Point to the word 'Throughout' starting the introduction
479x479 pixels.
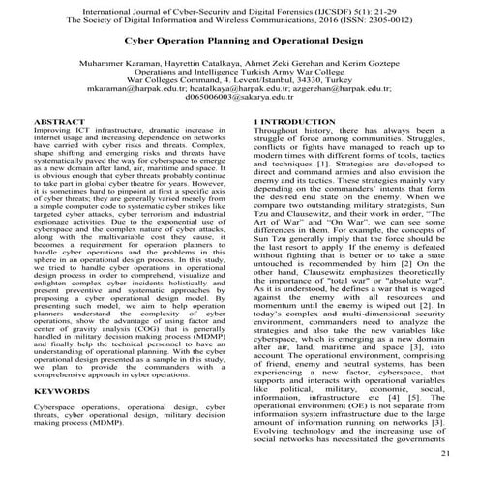[x=278, y=157]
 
